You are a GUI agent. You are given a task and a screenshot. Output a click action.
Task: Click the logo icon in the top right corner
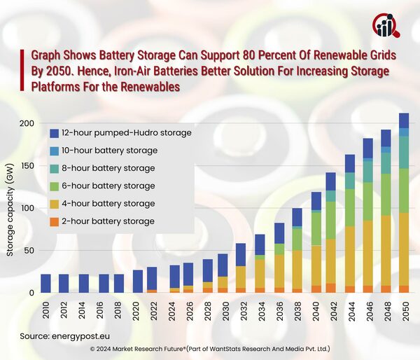point(386,25)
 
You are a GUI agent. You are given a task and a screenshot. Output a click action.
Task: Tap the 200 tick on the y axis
point(27,123)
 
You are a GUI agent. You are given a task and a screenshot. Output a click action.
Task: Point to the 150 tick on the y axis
point(27,166)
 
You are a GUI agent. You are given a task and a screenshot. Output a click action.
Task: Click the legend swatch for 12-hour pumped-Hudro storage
point(54,132)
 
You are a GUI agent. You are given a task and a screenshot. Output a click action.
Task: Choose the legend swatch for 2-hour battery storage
point(54,221)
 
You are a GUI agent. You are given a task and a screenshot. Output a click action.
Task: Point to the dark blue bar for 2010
point(45,283)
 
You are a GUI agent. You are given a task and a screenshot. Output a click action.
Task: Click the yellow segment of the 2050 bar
point(404,249)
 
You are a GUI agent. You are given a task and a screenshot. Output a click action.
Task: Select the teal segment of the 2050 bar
point(404,152)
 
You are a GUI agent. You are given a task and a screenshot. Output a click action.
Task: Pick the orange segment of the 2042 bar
point(331,288)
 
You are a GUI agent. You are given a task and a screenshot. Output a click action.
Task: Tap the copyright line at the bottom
point(210,348)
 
